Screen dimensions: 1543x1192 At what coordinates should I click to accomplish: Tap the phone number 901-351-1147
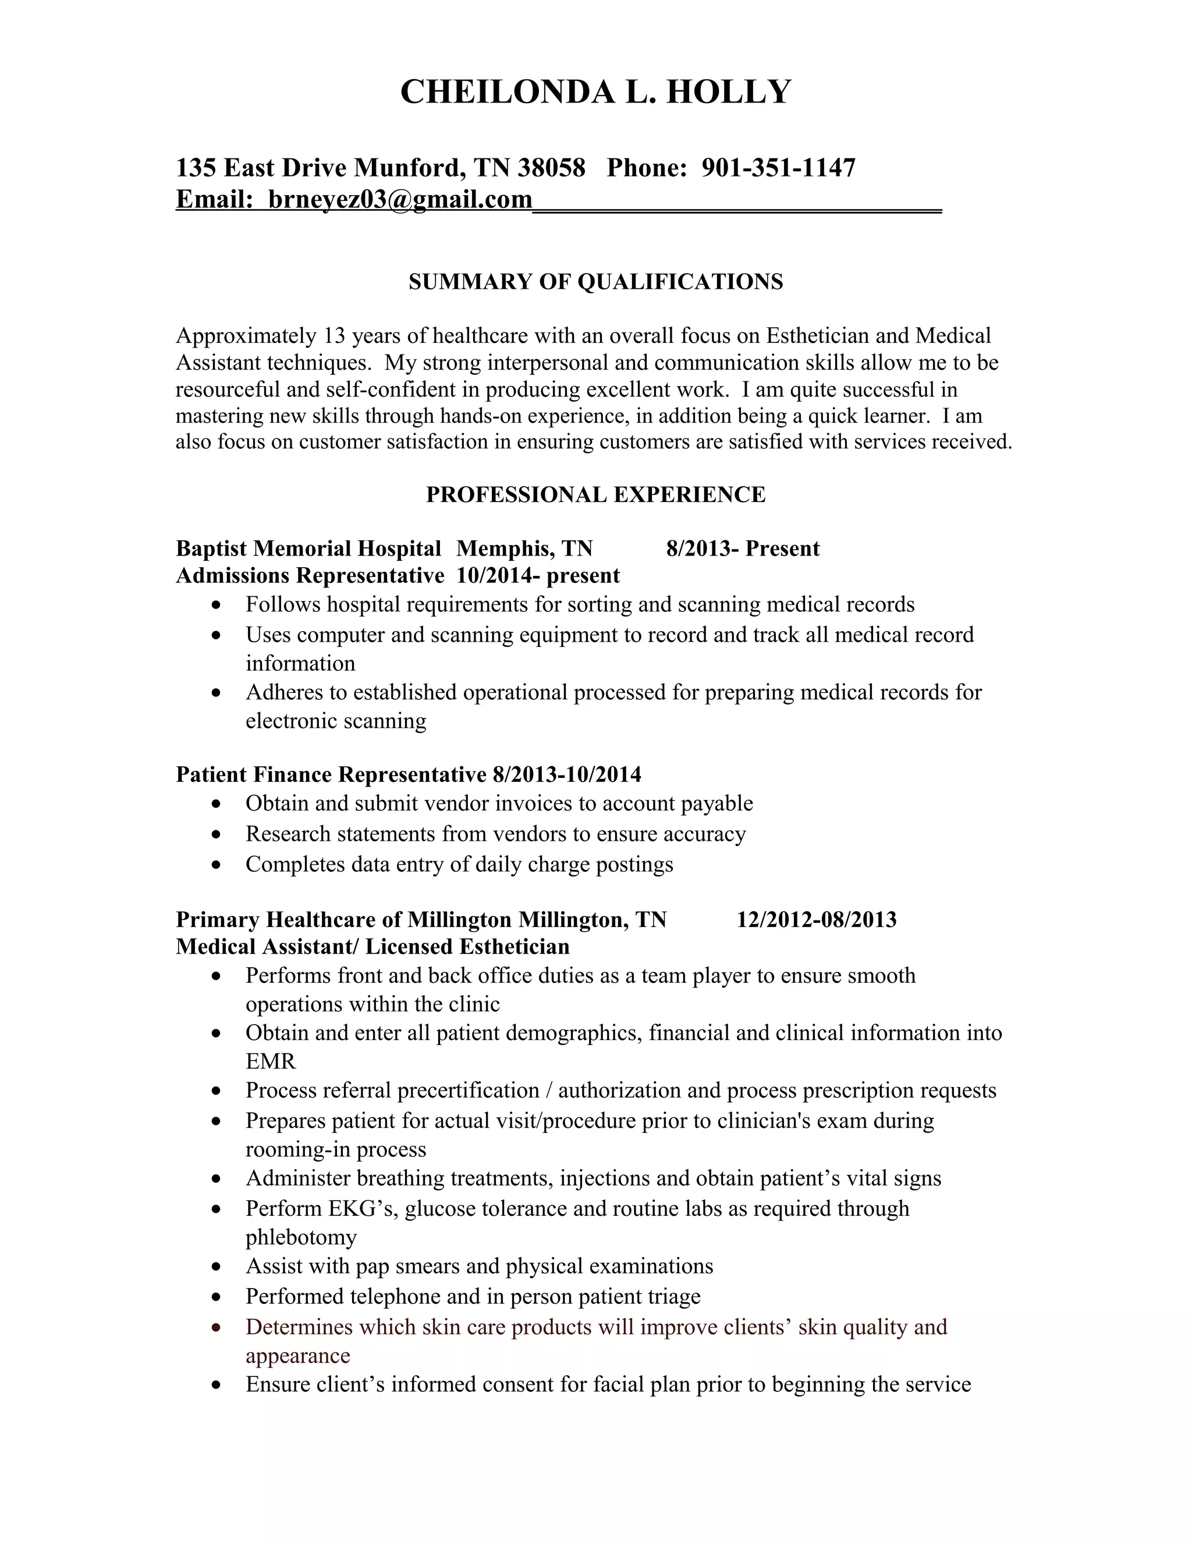[778, 168]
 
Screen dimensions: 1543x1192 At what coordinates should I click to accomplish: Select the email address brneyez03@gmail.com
[400, 200]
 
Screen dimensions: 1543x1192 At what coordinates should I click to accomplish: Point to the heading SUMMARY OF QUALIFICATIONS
[595, 282]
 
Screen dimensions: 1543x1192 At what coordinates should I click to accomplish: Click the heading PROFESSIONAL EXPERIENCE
[595, 494]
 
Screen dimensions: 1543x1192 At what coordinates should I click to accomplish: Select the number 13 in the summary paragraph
[334, 335]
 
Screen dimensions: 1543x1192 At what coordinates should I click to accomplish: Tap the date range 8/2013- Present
[743, 549]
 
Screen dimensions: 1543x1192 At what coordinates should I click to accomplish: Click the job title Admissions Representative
[309, 576]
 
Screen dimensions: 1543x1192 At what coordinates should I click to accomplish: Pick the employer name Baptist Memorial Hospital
[308, 549]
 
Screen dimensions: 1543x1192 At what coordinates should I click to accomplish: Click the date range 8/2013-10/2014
[567, 775]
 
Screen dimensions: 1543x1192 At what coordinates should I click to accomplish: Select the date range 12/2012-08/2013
[817, 920]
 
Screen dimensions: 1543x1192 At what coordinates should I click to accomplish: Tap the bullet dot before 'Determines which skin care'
[217, 1328]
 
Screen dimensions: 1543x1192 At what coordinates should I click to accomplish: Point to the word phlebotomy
[301, 1237]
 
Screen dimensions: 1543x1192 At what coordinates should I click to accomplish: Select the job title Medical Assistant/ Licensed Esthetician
[372, 947]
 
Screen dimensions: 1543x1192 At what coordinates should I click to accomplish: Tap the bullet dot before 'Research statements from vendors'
[217, 835]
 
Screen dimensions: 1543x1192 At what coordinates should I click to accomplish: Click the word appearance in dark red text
[297, 1356]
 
